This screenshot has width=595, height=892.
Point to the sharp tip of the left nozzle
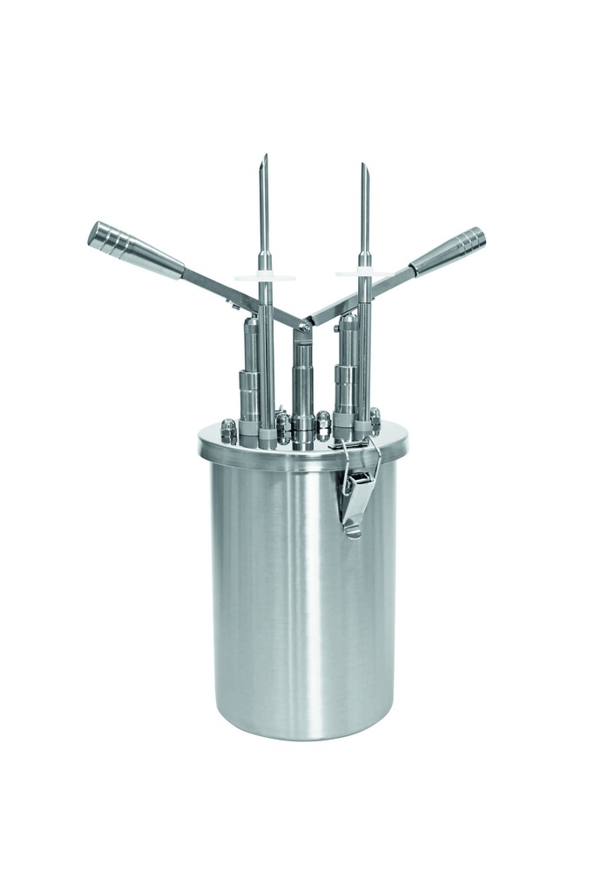[x=265, y=160]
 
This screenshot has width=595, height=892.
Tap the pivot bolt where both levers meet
[x=303, y=327]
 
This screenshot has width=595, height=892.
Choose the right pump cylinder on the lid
[x=346, y=370]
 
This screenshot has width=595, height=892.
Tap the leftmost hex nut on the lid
[x=228, y=430]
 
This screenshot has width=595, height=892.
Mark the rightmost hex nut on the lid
[x=375, y=420]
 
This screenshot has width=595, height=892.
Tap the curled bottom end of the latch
[x=352, y=529]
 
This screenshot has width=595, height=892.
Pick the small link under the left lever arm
[x=233, y=304]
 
